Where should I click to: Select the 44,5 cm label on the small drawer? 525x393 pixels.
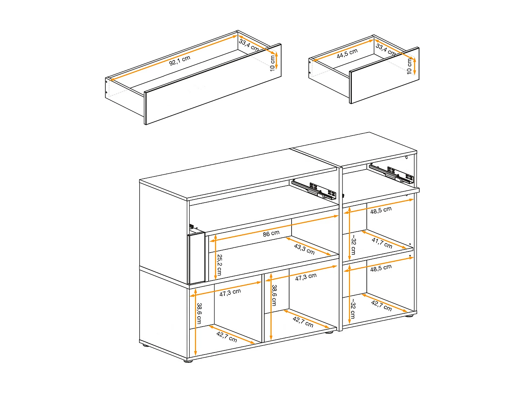[347, 53]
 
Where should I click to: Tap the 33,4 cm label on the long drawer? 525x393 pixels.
[249, 45]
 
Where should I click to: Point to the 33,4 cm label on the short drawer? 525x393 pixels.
[385, 49]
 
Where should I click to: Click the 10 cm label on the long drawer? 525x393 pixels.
[272, 63]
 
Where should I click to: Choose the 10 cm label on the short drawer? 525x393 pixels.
[409, 66]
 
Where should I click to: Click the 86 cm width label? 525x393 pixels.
[271, 233]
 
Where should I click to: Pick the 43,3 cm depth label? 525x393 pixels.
[304, 249]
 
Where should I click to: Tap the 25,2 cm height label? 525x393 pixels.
[219, 265]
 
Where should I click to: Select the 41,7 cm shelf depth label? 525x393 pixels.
[382, 243]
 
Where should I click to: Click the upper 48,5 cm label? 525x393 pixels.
[381, 210]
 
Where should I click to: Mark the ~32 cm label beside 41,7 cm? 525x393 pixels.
[353, 245]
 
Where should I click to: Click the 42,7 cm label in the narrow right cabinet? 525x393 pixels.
[381, 306]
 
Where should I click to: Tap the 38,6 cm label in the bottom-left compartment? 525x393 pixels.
[199, 313]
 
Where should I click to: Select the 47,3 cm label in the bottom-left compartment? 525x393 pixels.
[230, 292]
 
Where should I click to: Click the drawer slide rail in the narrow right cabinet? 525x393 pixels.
[391, 173]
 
